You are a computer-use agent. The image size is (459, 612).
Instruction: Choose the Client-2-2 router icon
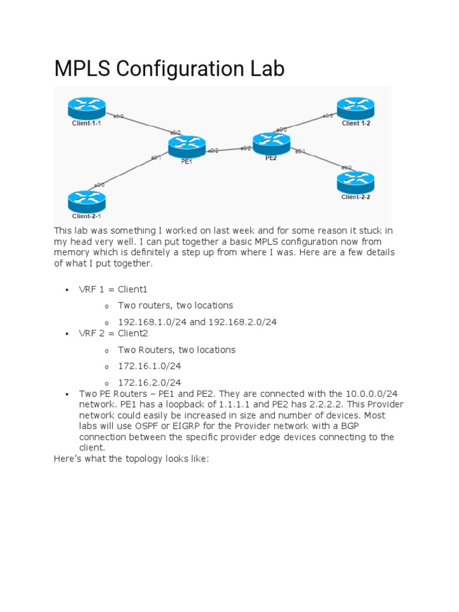356,181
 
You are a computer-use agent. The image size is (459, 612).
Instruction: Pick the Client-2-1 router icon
87,200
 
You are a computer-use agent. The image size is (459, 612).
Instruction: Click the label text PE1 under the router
186,161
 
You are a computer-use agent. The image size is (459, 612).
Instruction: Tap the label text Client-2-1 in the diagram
87,216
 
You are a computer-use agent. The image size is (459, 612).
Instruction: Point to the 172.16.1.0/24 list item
149,366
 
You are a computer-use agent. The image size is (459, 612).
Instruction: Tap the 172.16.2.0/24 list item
149,382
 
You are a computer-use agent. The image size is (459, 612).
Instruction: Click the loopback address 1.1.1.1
227,405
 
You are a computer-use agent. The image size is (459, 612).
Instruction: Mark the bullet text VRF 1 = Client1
113,289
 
